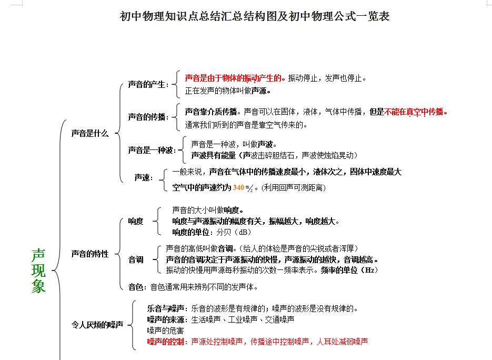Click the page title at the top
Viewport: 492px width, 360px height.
click(x=255, y=16)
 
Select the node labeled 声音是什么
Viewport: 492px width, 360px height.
click(x=90, y=134)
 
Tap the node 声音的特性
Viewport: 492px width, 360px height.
click(x=90, y=254)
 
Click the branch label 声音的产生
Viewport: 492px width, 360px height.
click(x=147, y=84)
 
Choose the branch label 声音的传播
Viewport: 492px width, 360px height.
click(x=147, y=117)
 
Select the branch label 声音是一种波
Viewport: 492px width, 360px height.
click(x=150, y=150)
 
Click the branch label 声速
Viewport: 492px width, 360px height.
click(x=143, y=178)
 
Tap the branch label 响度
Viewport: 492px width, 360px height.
click(x=136, y=221)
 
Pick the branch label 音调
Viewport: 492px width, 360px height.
click(x=136, y=259)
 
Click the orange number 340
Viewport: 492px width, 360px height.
click(x=238, y=187)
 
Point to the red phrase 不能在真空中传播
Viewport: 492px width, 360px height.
click(x=415, y=112)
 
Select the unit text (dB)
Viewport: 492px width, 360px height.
click(x=243, y=232)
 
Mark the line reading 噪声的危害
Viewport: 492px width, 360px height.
click(x=165, y=331)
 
